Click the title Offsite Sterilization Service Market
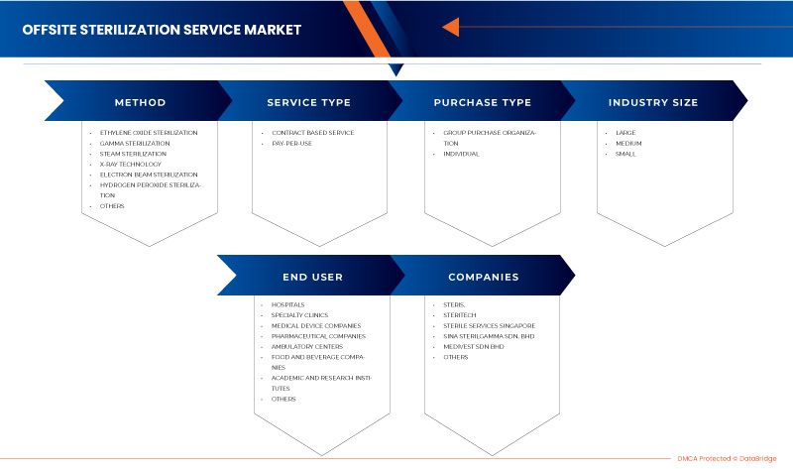(162, 29)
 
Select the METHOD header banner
(140, 102)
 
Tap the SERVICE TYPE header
(308, 102)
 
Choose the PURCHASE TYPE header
(482, 102)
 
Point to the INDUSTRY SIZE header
(652, 102)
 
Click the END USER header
(309, 277)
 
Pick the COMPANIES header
(483, 277)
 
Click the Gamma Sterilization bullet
(135, 143)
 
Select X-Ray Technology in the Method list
(129, 164)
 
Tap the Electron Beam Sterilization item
(149, 175)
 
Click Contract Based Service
(312, 132)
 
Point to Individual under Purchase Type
(461, 154)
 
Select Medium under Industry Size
(628, 143)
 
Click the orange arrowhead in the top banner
(450, 27)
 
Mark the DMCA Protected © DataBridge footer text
(728, 458)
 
